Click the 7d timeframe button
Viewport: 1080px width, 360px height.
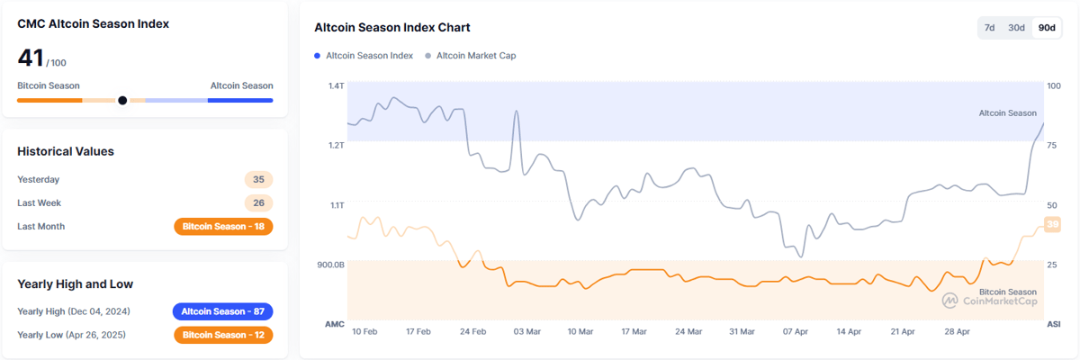pyautogui.click(x=989, y=28)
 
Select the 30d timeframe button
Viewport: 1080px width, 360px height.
pyautogui.click(x=1016, y=28)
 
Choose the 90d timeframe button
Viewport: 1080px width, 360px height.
pyautogui.click(x=1047, y=28)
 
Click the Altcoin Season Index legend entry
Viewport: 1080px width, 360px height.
pyautogui.click(x=364, y=56)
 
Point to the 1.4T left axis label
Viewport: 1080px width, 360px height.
pyautogui.click(x=336, y=86)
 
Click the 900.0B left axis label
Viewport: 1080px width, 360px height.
pyautogui.click(x=330, y=265)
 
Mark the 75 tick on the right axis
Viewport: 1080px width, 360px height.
pyautogui.click(x=1052, y=146)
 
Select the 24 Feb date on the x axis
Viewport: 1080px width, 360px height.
pyautogui.click(x=473, y=332)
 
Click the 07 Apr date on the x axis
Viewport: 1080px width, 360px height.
pyautogui.click(x=796, y=332)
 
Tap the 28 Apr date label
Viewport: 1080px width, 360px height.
pyautogui.click(x=957, y=332)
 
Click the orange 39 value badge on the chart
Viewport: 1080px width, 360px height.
pyautogui.click(x=1051, y=225)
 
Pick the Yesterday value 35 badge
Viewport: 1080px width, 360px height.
pyautogui.click(x=258, y=179)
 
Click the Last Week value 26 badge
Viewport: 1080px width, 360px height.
pyautogui.click(x=258, y=203)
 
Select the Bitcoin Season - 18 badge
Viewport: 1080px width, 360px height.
pyautogui.click(x=223, y=227)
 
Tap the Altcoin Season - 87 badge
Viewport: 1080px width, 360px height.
pyautogui.click(x=222, y=311)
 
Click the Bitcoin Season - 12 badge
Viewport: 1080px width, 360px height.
pyautogui.click(x=223, y=335)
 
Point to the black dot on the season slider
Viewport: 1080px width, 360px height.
pyautogui.click(x=122, y=101)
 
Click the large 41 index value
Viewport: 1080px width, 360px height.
pyautogui.click(x=30, y=58)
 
